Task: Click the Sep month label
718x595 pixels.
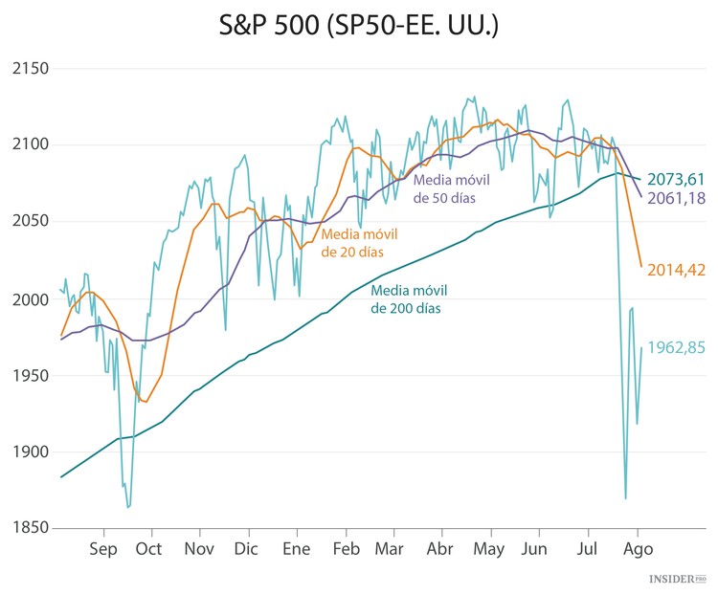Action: click(x=102, y=550)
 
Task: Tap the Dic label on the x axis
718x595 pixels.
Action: click(x=246, y=550)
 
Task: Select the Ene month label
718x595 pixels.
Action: click(x=297, y=550)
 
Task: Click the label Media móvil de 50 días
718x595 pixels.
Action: click(x=445, y=188)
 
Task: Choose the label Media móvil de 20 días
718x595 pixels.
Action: click(x=352, y=243)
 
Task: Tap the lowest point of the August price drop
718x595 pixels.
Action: click(x=625, y=497)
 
